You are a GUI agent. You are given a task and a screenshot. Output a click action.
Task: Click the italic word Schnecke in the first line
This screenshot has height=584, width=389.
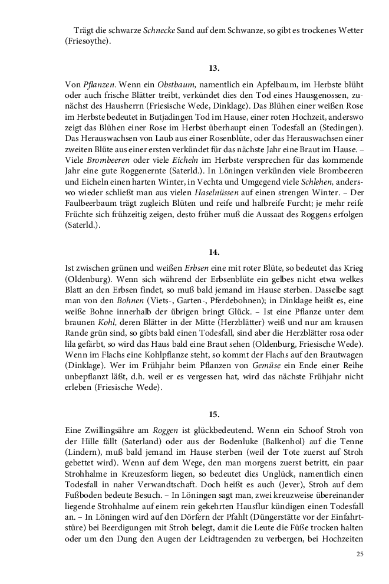coord(159,29)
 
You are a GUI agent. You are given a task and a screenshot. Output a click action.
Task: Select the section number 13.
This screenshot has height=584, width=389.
coord(214,68)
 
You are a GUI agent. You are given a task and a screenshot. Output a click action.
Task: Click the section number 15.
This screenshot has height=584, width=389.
coord(214,414)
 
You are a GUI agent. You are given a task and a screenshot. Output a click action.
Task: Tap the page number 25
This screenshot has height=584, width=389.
coord(361,554)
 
